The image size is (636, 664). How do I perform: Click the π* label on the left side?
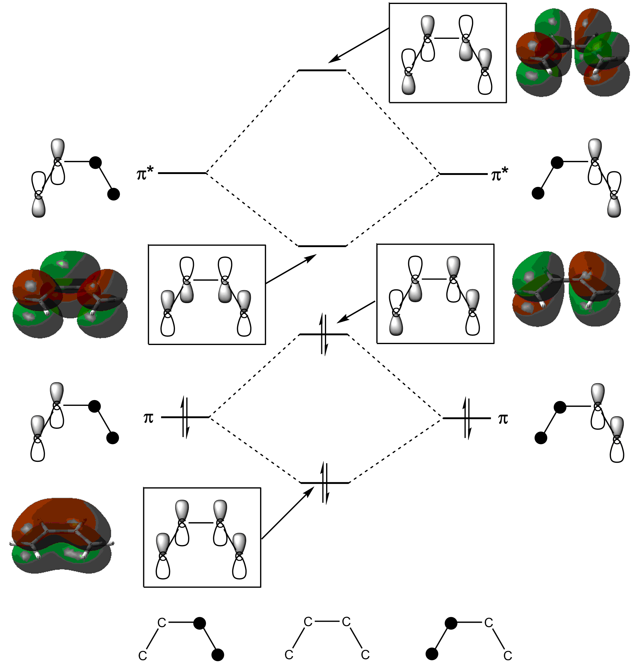click(x=145, y=174)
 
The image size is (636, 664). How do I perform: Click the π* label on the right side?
click(x=500, y=174)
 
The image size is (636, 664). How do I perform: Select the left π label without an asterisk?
click(x=148, y=418)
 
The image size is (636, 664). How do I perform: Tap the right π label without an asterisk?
click(x=503, y=419)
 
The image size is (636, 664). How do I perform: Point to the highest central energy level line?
click(x=322, y=70)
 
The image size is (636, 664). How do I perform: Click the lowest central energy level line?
click(x=325, y=483)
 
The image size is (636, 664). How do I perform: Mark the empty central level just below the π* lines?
click(x=322, y=246)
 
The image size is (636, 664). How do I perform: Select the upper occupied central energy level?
click(x=324, y=335)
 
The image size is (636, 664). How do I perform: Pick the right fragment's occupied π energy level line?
click(x=467, y=418)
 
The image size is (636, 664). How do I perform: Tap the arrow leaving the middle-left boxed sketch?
click(x=291, y=269)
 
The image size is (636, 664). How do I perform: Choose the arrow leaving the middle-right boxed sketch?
click(x=356, y=312)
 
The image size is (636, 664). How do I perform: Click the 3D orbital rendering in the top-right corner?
click(x=573, y=52)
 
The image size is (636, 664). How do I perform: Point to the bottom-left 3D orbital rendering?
click(x=61, y=536)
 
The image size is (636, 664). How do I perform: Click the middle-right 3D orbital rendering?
click(x=566, y=289)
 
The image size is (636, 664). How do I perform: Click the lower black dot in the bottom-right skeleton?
click(x=432, y=654)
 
